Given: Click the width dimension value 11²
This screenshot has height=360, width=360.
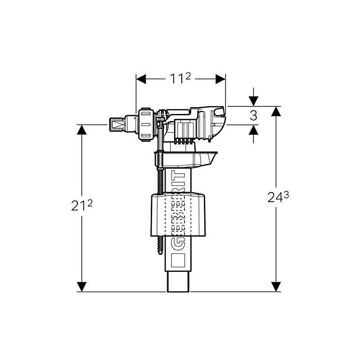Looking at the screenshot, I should [180, 78].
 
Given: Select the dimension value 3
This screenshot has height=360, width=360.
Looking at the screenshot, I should [253, 115].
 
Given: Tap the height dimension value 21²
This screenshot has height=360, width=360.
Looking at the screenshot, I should [81, 206].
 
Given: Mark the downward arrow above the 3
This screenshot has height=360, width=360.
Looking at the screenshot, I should [253, 101].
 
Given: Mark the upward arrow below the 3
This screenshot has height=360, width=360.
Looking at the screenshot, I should [253, 130].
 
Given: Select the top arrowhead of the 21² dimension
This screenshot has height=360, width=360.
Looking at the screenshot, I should [81, 130].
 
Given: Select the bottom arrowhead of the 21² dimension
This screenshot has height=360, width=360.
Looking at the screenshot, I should [81, 286].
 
